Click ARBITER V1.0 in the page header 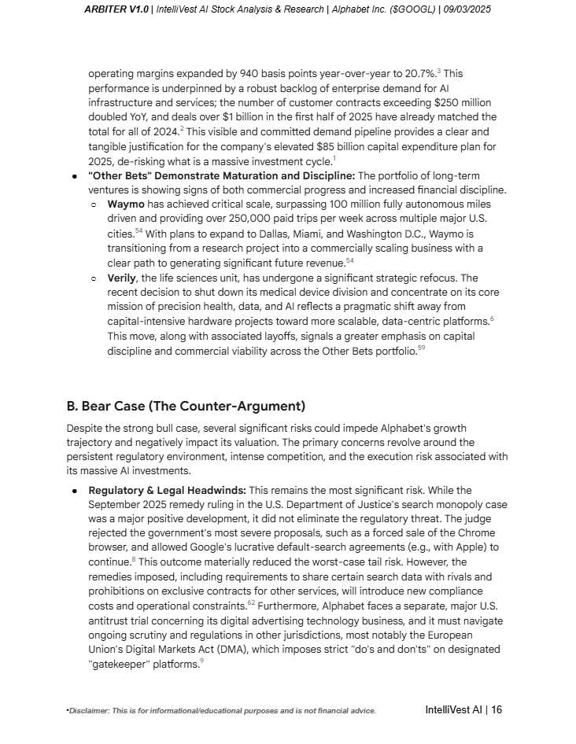pos(116,9)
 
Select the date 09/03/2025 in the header pos(467,9)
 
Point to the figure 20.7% pos(420,73)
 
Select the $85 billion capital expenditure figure pos(341,146)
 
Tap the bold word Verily pos(123,278)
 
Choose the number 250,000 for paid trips pos(227,219)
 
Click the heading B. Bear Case pos(185,406)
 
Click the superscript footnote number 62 pos(251,602)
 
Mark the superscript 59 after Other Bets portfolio pos(421,348)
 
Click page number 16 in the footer pos(496,709)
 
